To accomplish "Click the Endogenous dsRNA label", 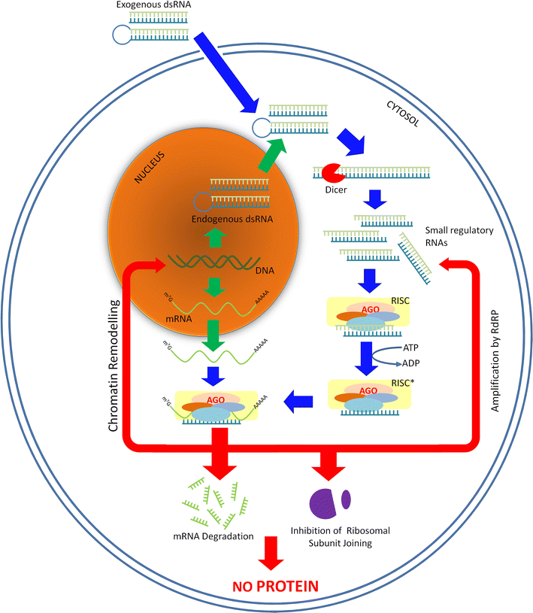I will pyautogui.click(x=221, y=220).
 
